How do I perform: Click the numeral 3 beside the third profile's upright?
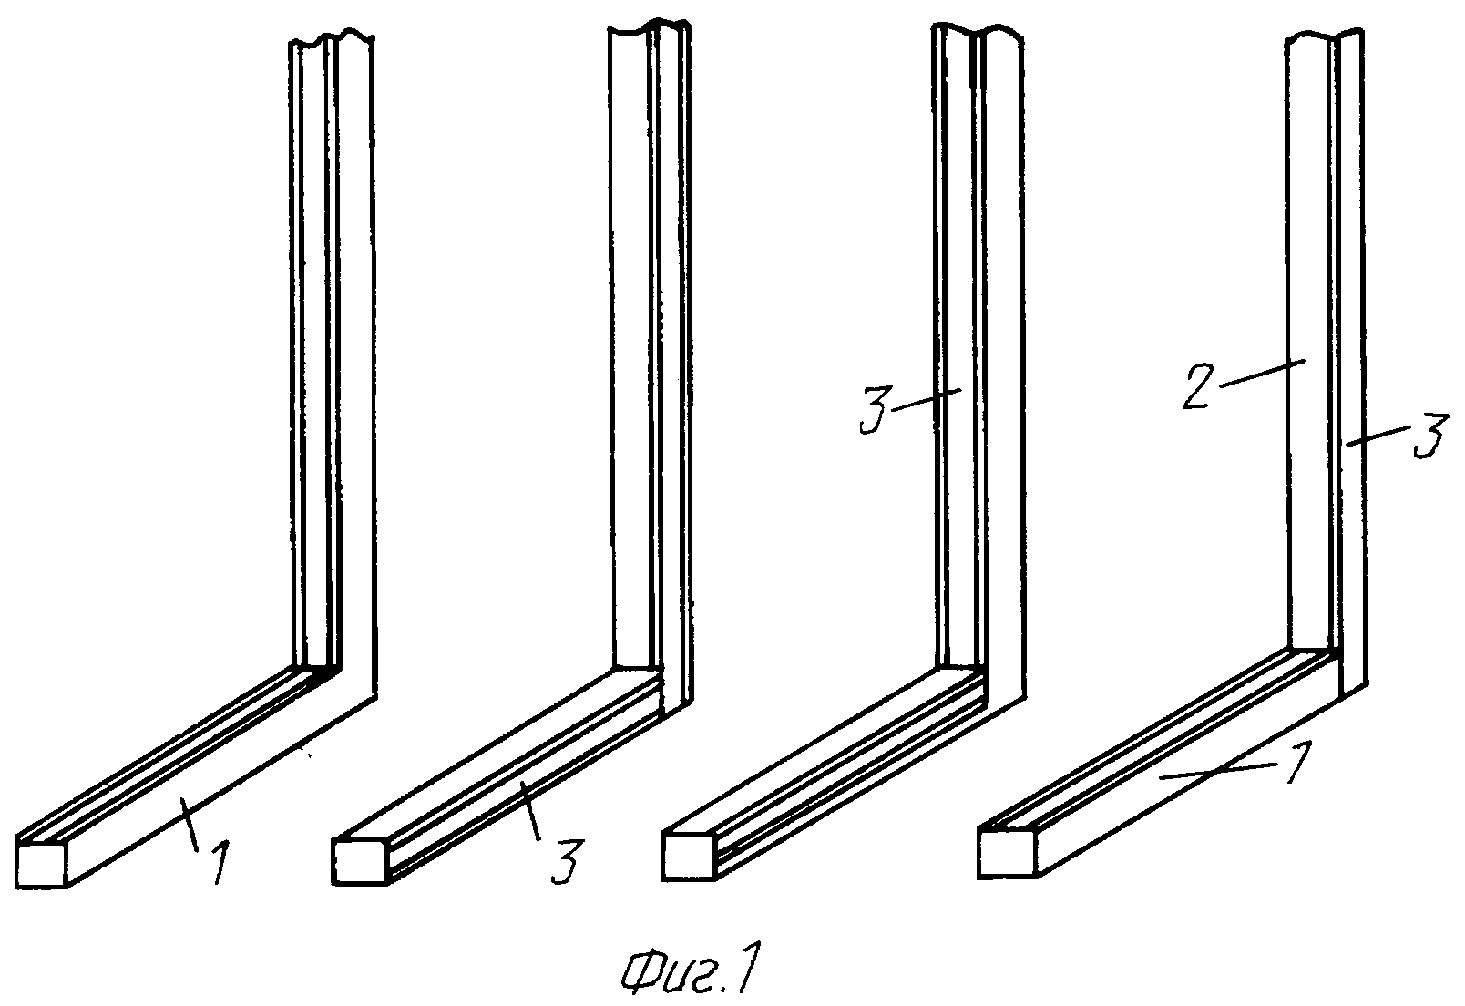(876, 409)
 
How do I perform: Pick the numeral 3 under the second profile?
(565, 861)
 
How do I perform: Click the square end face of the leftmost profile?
(42, 865)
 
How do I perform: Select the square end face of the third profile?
(688, 857)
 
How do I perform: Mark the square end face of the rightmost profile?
(1007, 853)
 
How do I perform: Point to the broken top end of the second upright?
(650, 29)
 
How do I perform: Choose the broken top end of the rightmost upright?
(1325, 36)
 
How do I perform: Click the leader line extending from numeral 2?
(1262, 373)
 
